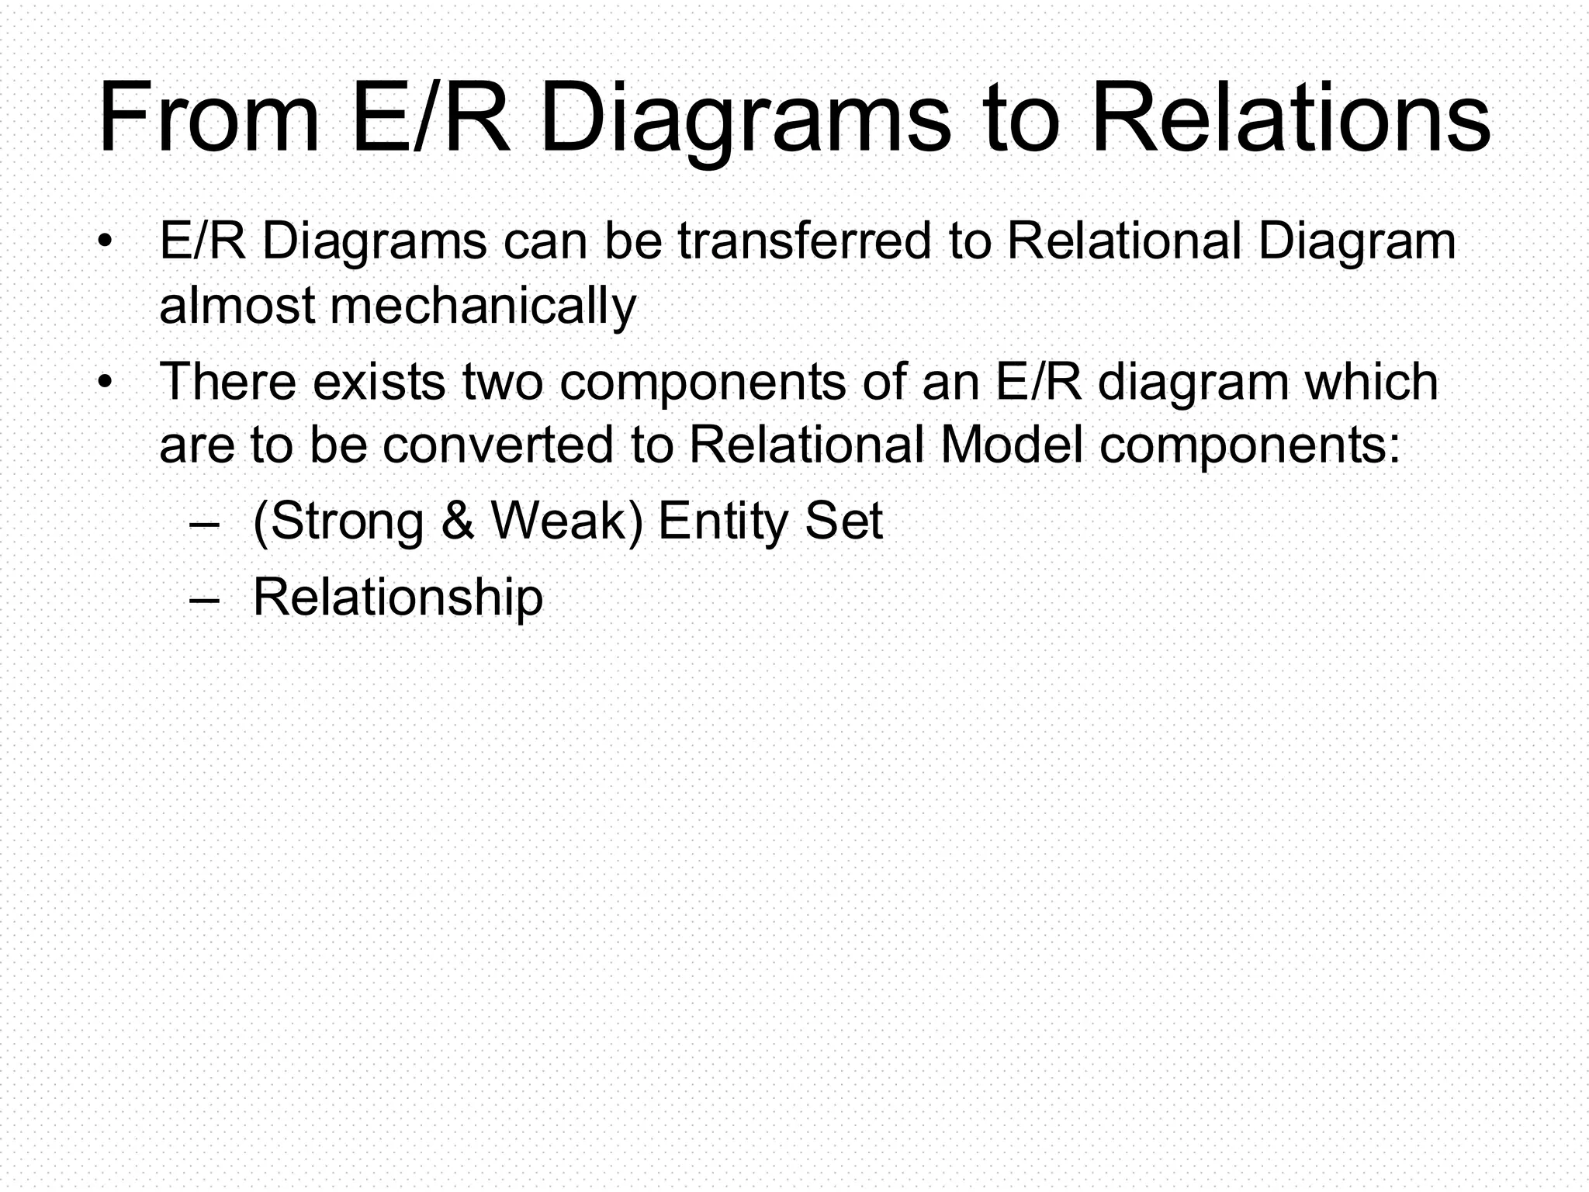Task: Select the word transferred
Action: point(804,241)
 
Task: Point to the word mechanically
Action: point(483,307)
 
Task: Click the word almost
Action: point(237,307)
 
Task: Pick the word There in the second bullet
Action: point(228,382)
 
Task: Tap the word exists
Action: point(379,382)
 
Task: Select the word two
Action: point(502,382)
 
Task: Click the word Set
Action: point(843,521)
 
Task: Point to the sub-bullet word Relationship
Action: point(398,598)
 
